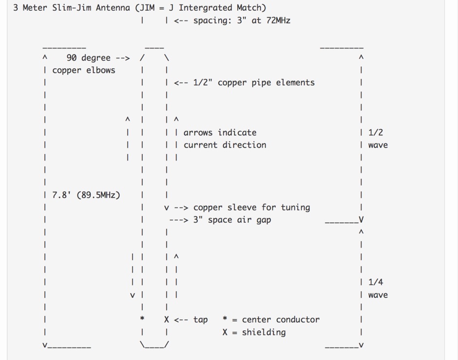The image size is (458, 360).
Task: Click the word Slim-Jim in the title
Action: coord(72,8)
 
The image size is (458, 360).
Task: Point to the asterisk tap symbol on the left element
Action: coord(142,318)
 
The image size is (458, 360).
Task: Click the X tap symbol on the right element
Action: coord(167,320)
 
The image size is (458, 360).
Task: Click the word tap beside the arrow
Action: coord(200,320)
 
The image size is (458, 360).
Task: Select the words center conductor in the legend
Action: coord(281,320)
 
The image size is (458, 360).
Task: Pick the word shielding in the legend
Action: coord(264,332)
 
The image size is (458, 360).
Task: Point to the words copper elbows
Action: coord(84,70)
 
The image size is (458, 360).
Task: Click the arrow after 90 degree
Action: coord(123,58)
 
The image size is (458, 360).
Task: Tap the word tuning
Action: coord(295,208)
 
